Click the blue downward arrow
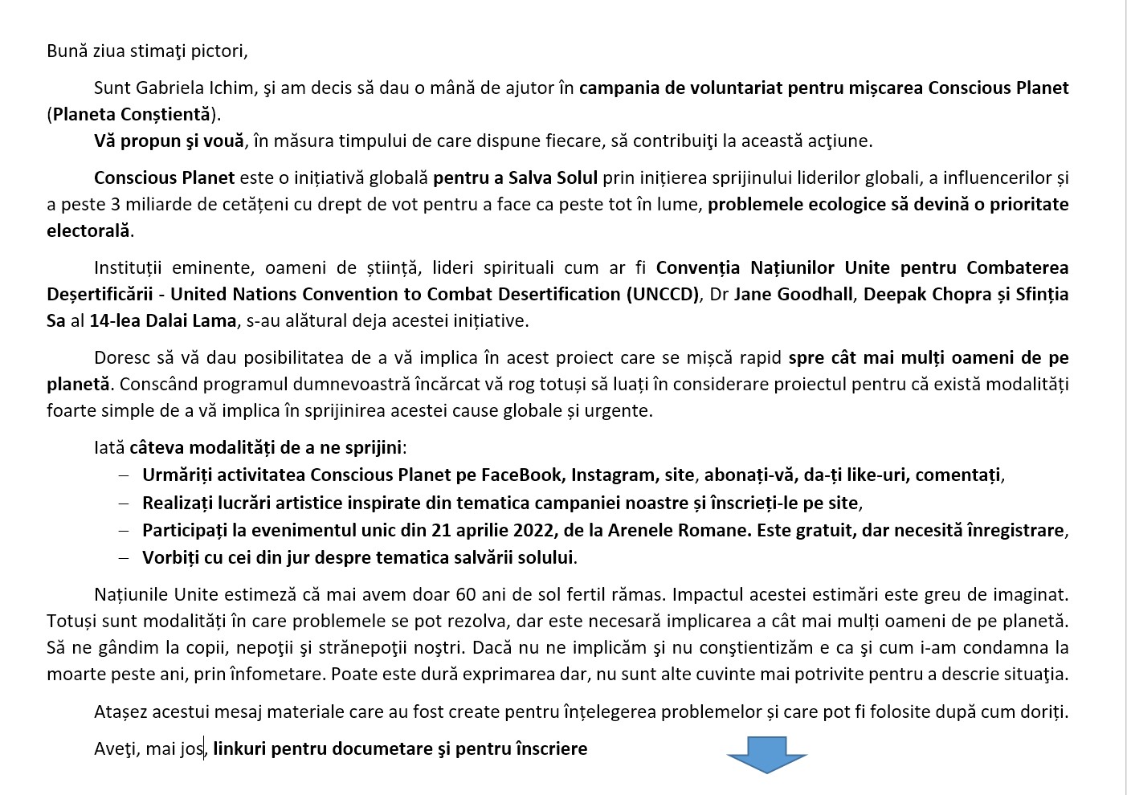tap(766, 754)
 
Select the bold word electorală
tap(88, 230)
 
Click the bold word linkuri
tap(239, 749)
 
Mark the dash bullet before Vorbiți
tap(123, 557)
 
